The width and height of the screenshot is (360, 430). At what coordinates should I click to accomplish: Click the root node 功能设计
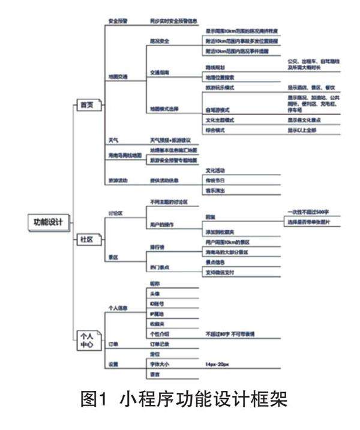point(49,221)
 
